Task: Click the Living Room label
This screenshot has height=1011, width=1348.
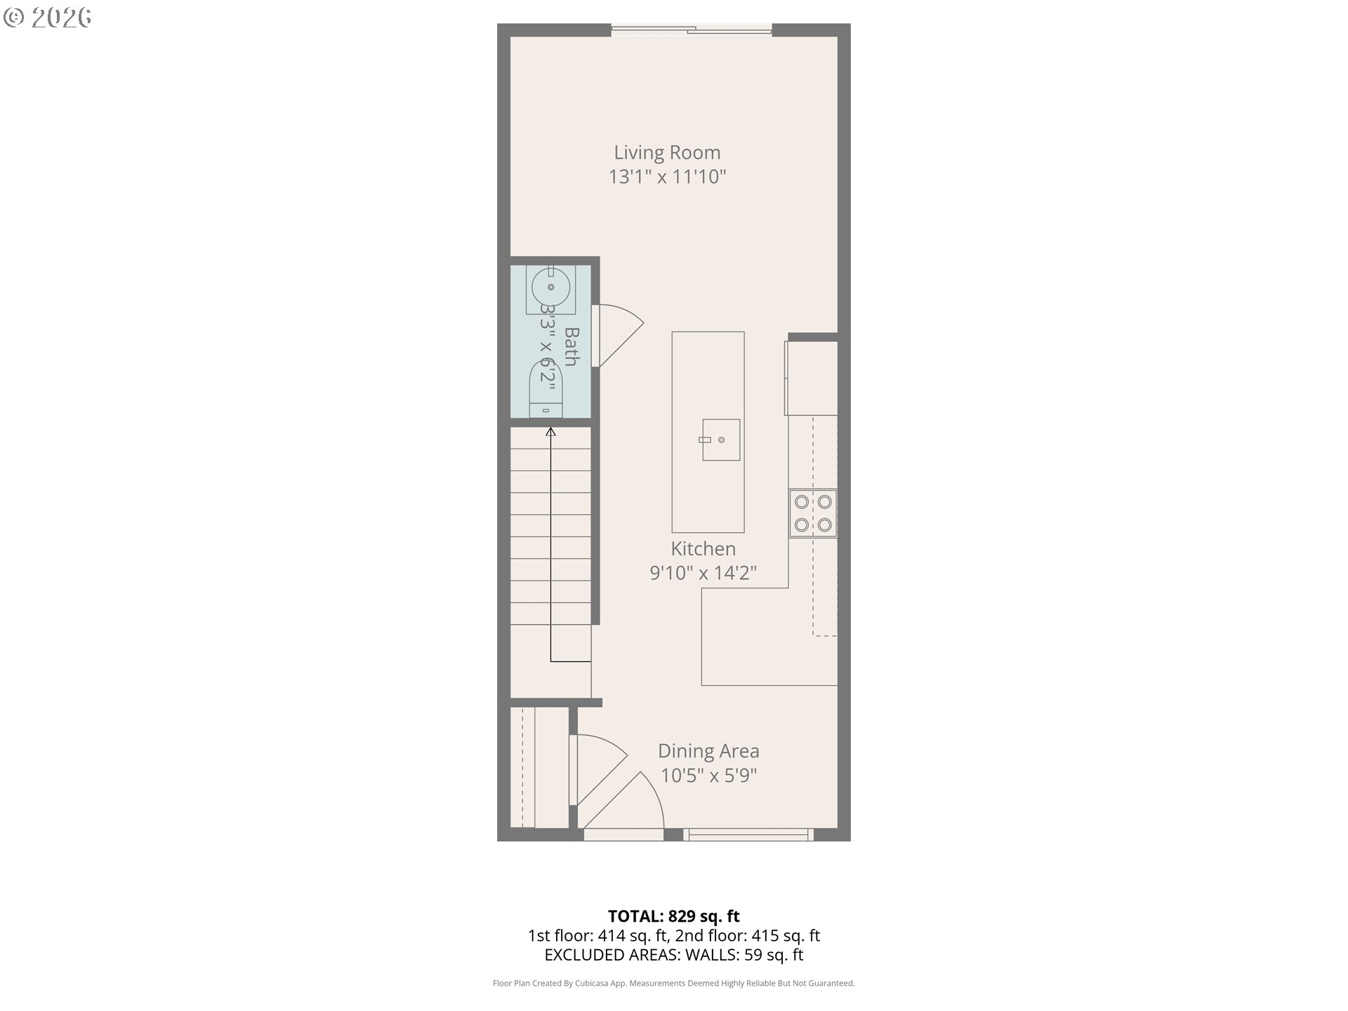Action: pyautogui.click(x=667, y=152)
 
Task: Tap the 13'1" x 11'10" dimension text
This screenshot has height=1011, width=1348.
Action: pyautogui.click(x=667, y=176)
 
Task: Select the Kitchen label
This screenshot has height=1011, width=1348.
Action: pyautogui.click(x=703, y=548)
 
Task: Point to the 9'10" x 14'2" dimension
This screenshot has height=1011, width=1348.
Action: pyautogui.click(x=703, y=573)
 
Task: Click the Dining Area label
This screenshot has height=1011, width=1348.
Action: pyautogui.click(x=708, y=751)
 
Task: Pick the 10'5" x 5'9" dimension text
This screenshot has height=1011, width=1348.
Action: pyautogui.click(x=708, y=775)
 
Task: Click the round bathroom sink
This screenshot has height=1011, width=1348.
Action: pyautogui.click(x=550, y=286)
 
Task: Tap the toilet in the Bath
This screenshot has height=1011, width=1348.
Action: pyautogui.click(x=546, y=390)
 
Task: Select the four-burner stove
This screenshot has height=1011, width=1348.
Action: pyautogui.click(x=812, y=513)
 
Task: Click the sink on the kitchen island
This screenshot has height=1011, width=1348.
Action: pyautogui.click(x=721, y=440)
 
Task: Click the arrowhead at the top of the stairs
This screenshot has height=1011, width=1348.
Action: pyautogui.click(x=550, y=432)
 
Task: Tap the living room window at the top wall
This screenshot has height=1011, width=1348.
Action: pyautogui.click(x=691, y=30)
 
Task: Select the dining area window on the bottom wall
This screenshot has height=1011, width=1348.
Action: pyautogui.click(x=748, y=834)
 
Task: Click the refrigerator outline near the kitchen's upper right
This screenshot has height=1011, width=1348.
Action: pyautogui.click(x=811, y=378)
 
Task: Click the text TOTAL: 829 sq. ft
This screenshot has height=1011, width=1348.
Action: pyautogui.click(x=673, y=916)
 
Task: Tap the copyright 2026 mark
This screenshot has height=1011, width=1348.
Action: pyautogui.click(x=47, y=18)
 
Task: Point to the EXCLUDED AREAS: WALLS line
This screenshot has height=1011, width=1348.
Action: pyautogui.click(x=673, y=955)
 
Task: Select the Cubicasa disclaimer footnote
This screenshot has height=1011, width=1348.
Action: pyautogui.click(x=673, y=984)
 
